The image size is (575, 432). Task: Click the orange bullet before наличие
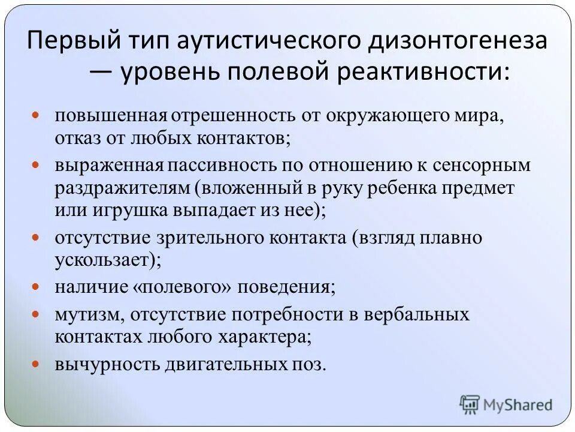pyautogui.click(x=35, y=287)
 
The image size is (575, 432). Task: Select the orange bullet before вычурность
pyautogui.click(x=35, y=364)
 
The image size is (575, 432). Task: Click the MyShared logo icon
pyautogui.click(x=470, y=404)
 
